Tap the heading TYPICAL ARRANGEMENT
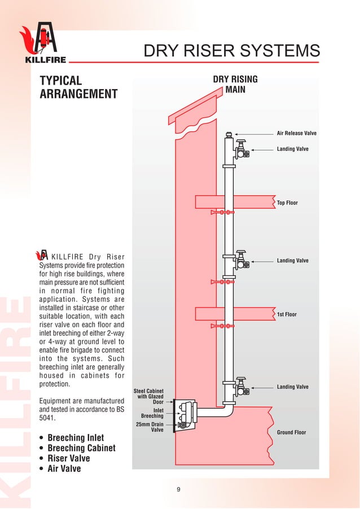78,87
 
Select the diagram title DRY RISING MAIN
235,84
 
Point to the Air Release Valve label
296,134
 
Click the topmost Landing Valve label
292,150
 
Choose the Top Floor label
287,203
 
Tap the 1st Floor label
287,314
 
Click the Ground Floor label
291,432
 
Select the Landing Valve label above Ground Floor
292,387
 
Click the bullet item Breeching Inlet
76,438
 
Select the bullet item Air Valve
64,468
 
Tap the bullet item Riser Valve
69,458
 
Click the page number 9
179,489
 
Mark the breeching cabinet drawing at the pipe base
185,415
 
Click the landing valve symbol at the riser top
241,148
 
